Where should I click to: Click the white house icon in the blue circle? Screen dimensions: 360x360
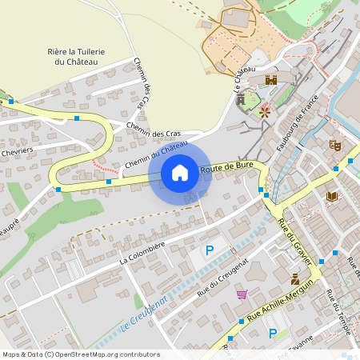coord(180,173)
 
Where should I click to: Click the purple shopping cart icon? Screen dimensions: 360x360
coord(242,294)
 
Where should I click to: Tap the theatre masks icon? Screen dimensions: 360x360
coord(335,145)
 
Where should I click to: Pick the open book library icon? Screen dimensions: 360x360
coord(332,196)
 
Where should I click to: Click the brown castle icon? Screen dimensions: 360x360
coord(271,80)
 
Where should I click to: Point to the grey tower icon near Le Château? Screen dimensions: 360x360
coord(240,99)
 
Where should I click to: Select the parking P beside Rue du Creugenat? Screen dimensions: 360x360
coord(210,250)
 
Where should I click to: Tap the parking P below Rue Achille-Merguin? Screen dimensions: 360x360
coord(273,333)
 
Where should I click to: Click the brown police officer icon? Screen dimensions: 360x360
coord(295,279)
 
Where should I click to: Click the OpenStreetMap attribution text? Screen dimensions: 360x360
coord(81,354)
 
